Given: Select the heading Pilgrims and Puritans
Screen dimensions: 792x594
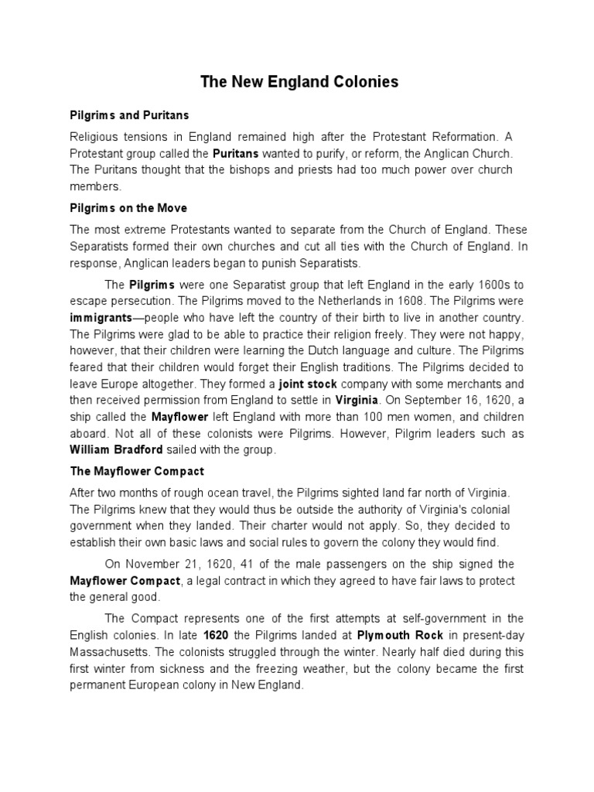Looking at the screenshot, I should (x=129, y=115).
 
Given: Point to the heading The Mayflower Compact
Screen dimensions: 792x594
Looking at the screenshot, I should (x=137, y=470).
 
